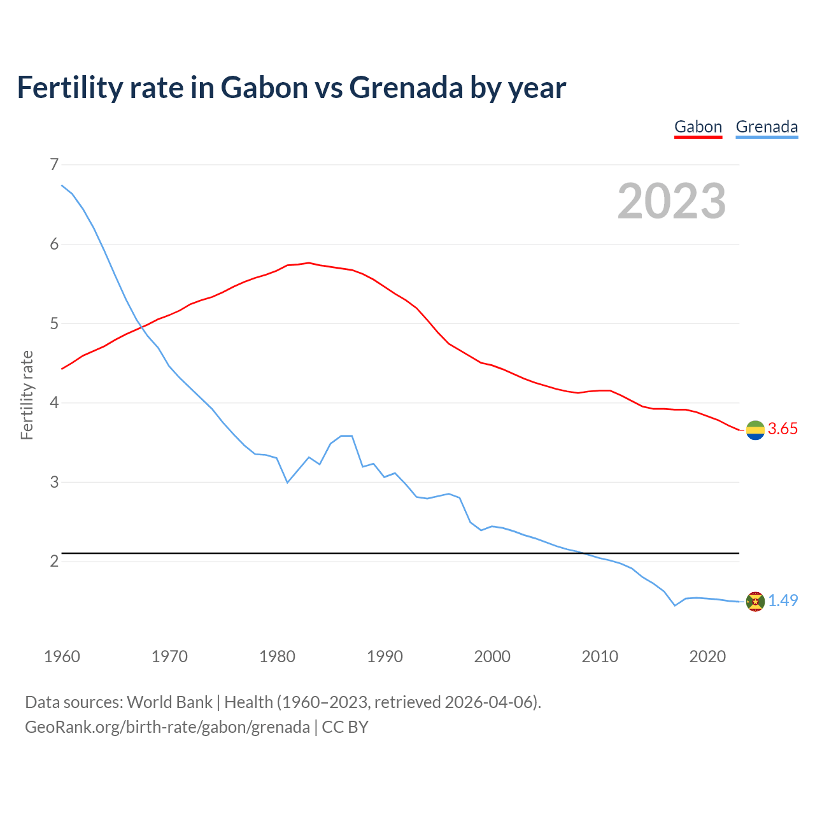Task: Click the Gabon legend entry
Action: coord(698,127)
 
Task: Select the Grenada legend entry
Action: coord(767,127)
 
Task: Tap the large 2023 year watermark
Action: coord(672,201)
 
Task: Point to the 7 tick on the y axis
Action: coord(53,165)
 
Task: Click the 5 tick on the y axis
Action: coord(53,323)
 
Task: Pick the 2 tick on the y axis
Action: coord(53,561)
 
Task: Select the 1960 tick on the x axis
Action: coord(62,656)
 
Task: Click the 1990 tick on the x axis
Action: coord(385,656)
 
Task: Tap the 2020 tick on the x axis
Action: coord(707,656)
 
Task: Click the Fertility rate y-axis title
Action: coord(27,395)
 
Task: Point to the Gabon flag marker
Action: coord(755,430)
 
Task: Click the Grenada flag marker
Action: coord(755,601)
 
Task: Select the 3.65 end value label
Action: coord(783,429)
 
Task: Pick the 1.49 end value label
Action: coord(783,601)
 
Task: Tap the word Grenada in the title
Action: coord(406,88)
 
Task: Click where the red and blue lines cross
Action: coord(141,327)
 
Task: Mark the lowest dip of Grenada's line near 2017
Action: coord(675,606)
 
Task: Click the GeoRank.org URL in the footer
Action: coord(167,727)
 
